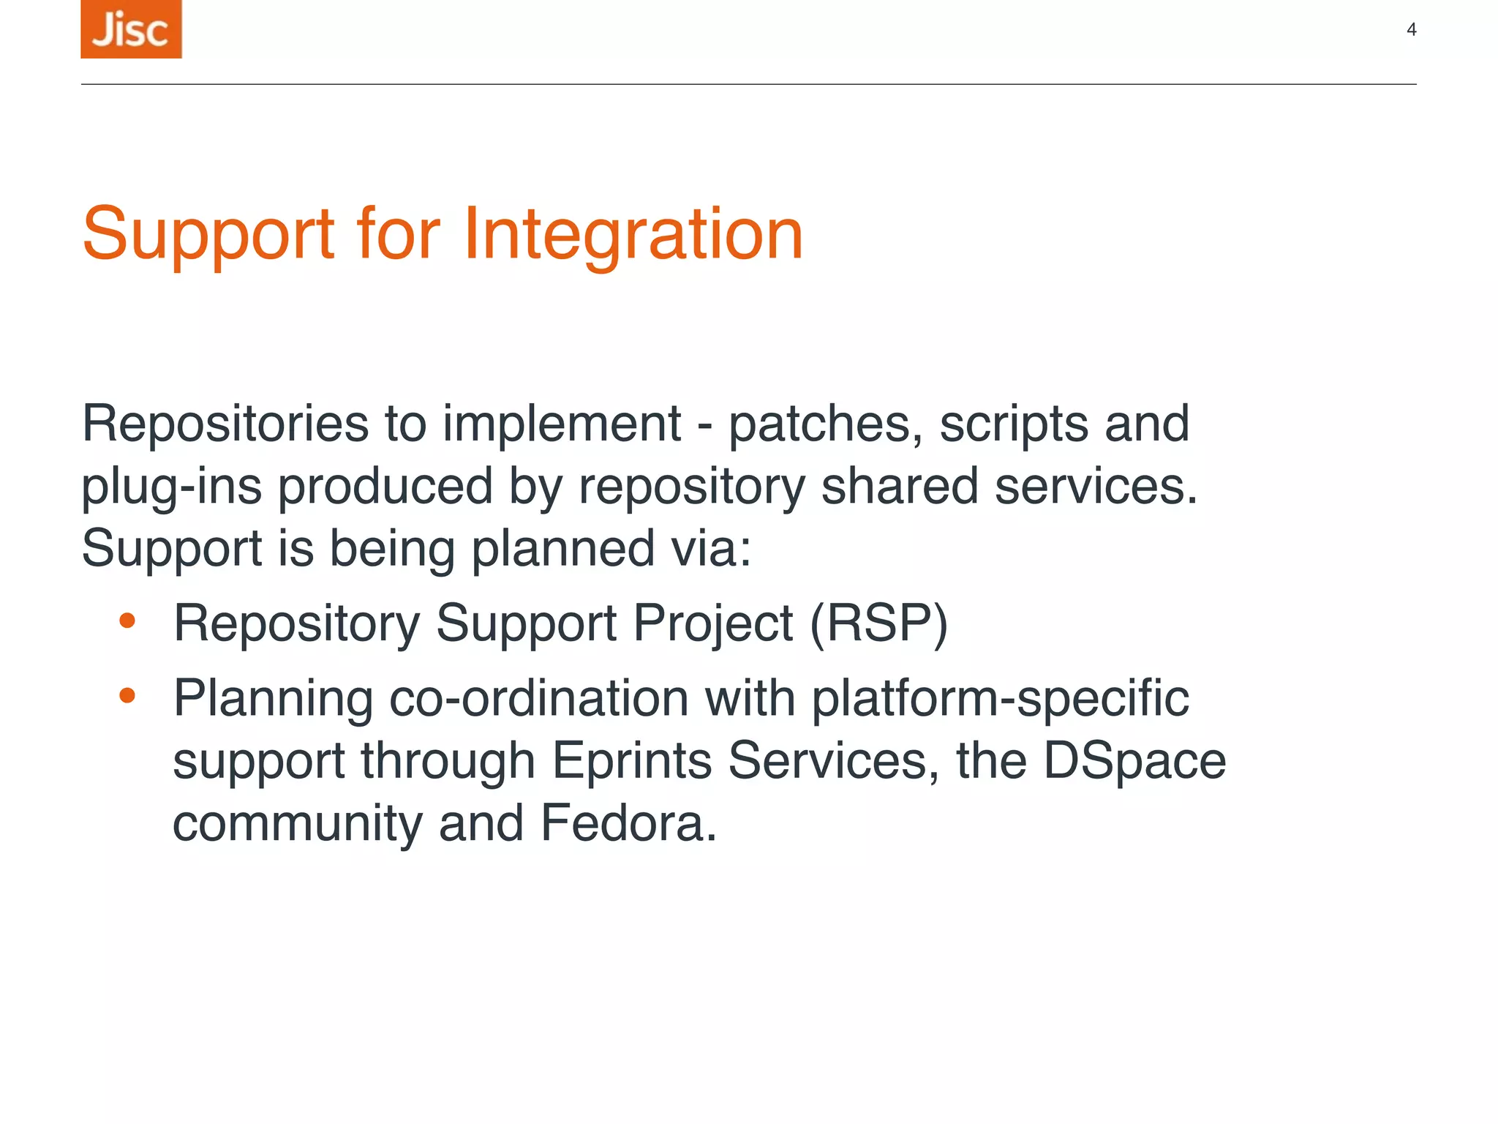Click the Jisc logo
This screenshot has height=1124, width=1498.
tap(131, 29)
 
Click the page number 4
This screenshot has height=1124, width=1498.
tap(1411, 30)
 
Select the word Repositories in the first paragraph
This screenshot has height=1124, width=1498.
tap(225, 424)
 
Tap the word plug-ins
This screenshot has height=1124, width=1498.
tap(171, 487)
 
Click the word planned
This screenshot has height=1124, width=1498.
tap(562, 549)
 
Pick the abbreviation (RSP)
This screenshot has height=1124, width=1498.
tap(878, 623)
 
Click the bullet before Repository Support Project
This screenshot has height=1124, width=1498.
tap(127, 621)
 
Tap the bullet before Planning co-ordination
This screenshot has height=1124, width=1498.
tap(127, 695)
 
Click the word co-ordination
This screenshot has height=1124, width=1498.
tap(538, 698)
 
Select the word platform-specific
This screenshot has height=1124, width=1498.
tap(1000, 700)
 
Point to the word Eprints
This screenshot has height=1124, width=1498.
tap(631, 761)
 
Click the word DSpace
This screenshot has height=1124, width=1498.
tap(1134, 761)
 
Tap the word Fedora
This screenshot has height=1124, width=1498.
tap(628, 823)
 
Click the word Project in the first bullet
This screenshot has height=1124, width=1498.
tap(712, 623)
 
